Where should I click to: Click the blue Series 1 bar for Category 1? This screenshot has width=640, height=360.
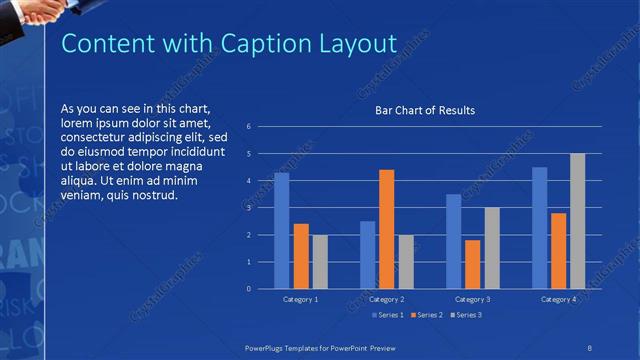pos(281,231)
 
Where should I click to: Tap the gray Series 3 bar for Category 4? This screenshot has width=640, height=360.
pos(577,221)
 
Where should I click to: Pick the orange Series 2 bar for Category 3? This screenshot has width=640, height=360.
pos(472,264)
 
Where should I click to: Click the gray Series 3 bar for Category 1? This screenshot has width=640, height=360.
pos(320,262)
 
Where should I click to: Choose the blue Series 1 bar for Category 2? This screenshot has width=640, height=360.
pos(367,255)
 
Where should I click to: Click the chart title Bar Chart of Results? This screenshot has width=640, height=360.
pos(425,110)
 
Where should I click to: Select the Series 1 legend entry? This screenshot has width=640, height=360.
pos(389,315)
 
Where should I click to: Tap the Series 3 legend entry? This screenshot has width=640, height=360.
pos(468,315)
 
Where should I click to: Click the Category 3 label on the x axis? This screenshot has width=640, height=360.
pos(472,300)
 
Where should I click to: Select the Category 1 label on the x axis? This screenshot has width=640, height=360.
pos(300,300)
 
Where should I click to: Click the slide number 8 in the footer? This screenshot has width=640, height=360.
pos(590,346)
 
